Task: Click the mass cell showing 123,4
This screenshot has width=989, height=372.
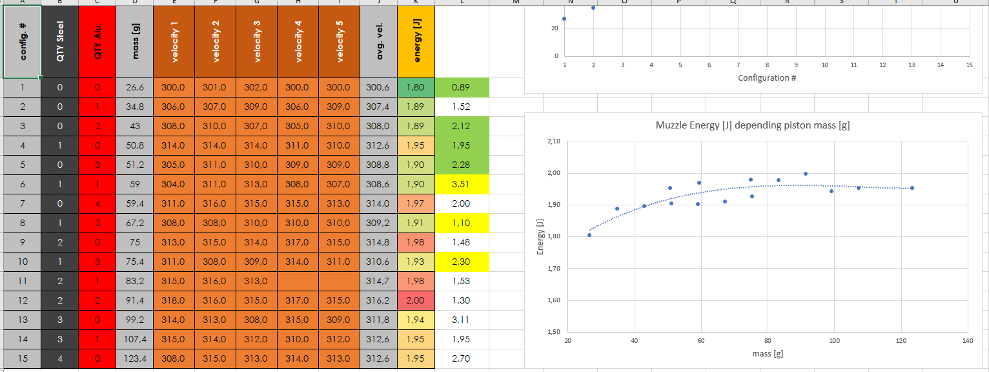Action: (135, 358)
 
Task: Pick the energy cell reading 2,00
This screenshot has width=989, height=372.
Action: (416, 300)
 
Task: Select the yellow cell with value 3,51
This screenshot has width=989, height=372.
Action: (462, 184)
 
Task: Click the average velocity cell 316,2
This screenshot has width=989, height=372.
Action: (379, 300)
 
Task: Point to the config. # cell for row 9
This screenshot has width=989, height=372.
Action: (22, 242)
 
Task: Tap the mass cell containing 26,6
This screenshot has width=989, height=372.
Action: (135, 87)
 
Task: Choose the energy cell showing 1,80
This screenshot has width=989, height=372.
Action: (416, 87)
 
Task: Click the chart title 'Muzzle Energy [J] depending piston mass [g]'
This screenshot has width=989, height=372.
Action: (752, 125)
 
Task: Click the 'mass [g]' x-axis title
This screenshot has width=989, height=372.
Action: (767, 353)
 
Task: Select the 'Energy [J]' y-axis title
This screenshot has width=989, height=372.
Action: (540, 236)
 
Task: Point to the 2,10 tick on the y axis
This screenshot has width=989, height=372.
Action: (553, 141)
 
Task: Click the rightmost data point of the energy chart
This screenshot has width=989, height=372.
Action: (912, 188)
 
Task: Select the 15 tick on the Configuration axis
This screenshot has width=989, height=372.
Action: (969, 65)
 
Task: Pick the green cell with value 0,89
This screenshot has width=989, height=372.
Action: (462, 87)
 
